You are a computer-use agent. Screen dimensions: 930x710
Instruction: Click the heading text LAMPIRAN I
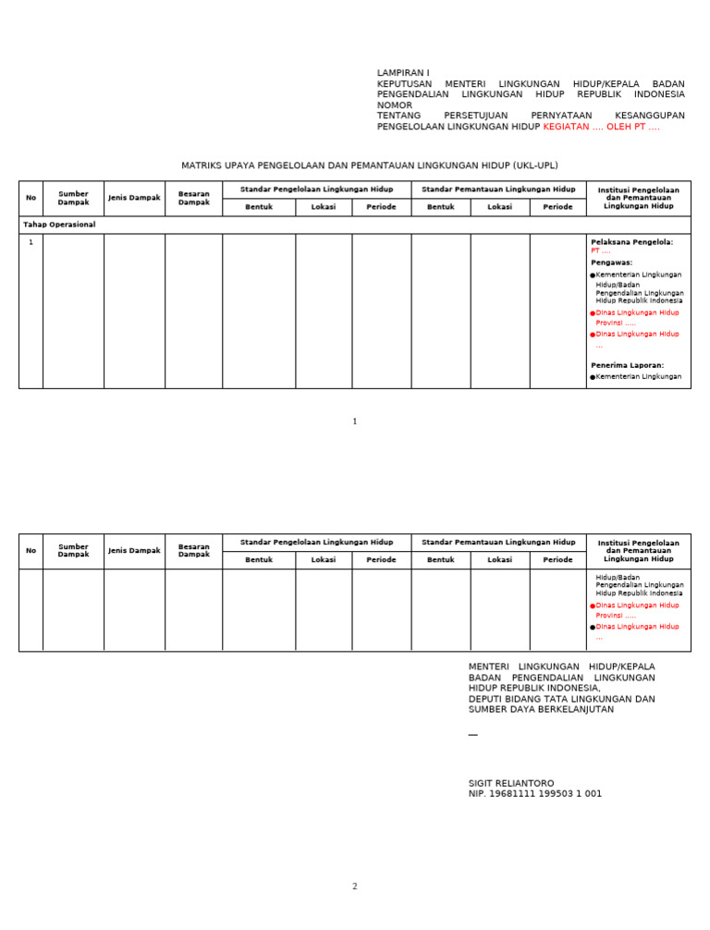tap(403, 73)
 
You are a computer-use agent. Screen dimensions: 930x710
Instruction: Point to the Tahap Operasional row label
tap(59, 225)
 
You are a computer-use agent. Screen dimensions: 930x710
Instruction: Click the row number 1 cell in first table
tap(31, 242)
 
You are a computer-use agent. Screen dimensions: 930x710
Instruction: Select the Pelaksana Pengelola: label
tap(631, 242)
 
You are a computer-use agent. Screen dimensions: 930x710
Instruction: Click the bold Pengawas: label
tap(611, 263)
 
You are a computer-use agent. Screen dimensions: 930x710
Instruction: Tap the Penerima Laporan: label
tap(627, 365)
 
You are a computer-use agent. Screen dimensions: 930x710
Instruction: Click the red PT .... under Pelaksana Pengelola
tap(600, 251)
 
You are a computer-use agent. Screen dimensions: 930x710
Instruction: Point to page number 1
tap(354, 422)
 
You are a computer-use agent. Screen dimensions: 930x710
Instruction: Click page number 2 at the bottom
tap(354, 887)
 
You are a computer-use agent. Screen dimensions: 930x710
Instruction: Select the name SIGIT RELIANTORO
tap(511, 783)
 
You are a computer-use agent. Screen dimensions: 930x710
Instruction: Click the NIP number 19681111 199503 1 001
tap(535, 794)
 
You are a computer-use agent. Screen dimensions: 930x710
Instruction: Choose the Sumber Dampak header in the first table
tap(73, 198)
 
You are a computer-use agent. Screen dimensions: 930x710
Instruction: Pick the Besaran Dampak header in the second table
tap(193, 550)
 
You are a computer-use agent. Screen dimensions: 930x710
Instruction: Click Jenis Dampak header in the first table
tap(134, 198)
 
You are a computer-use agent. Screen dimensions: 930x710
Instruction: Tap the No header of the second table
tap(31, 550)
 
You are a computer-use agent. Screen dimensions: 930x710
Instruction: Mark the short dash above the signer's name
tap(473, 735)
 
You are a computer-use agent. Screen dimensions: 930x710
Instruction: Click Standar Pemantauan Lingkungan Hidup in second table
tap(498, 543)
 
